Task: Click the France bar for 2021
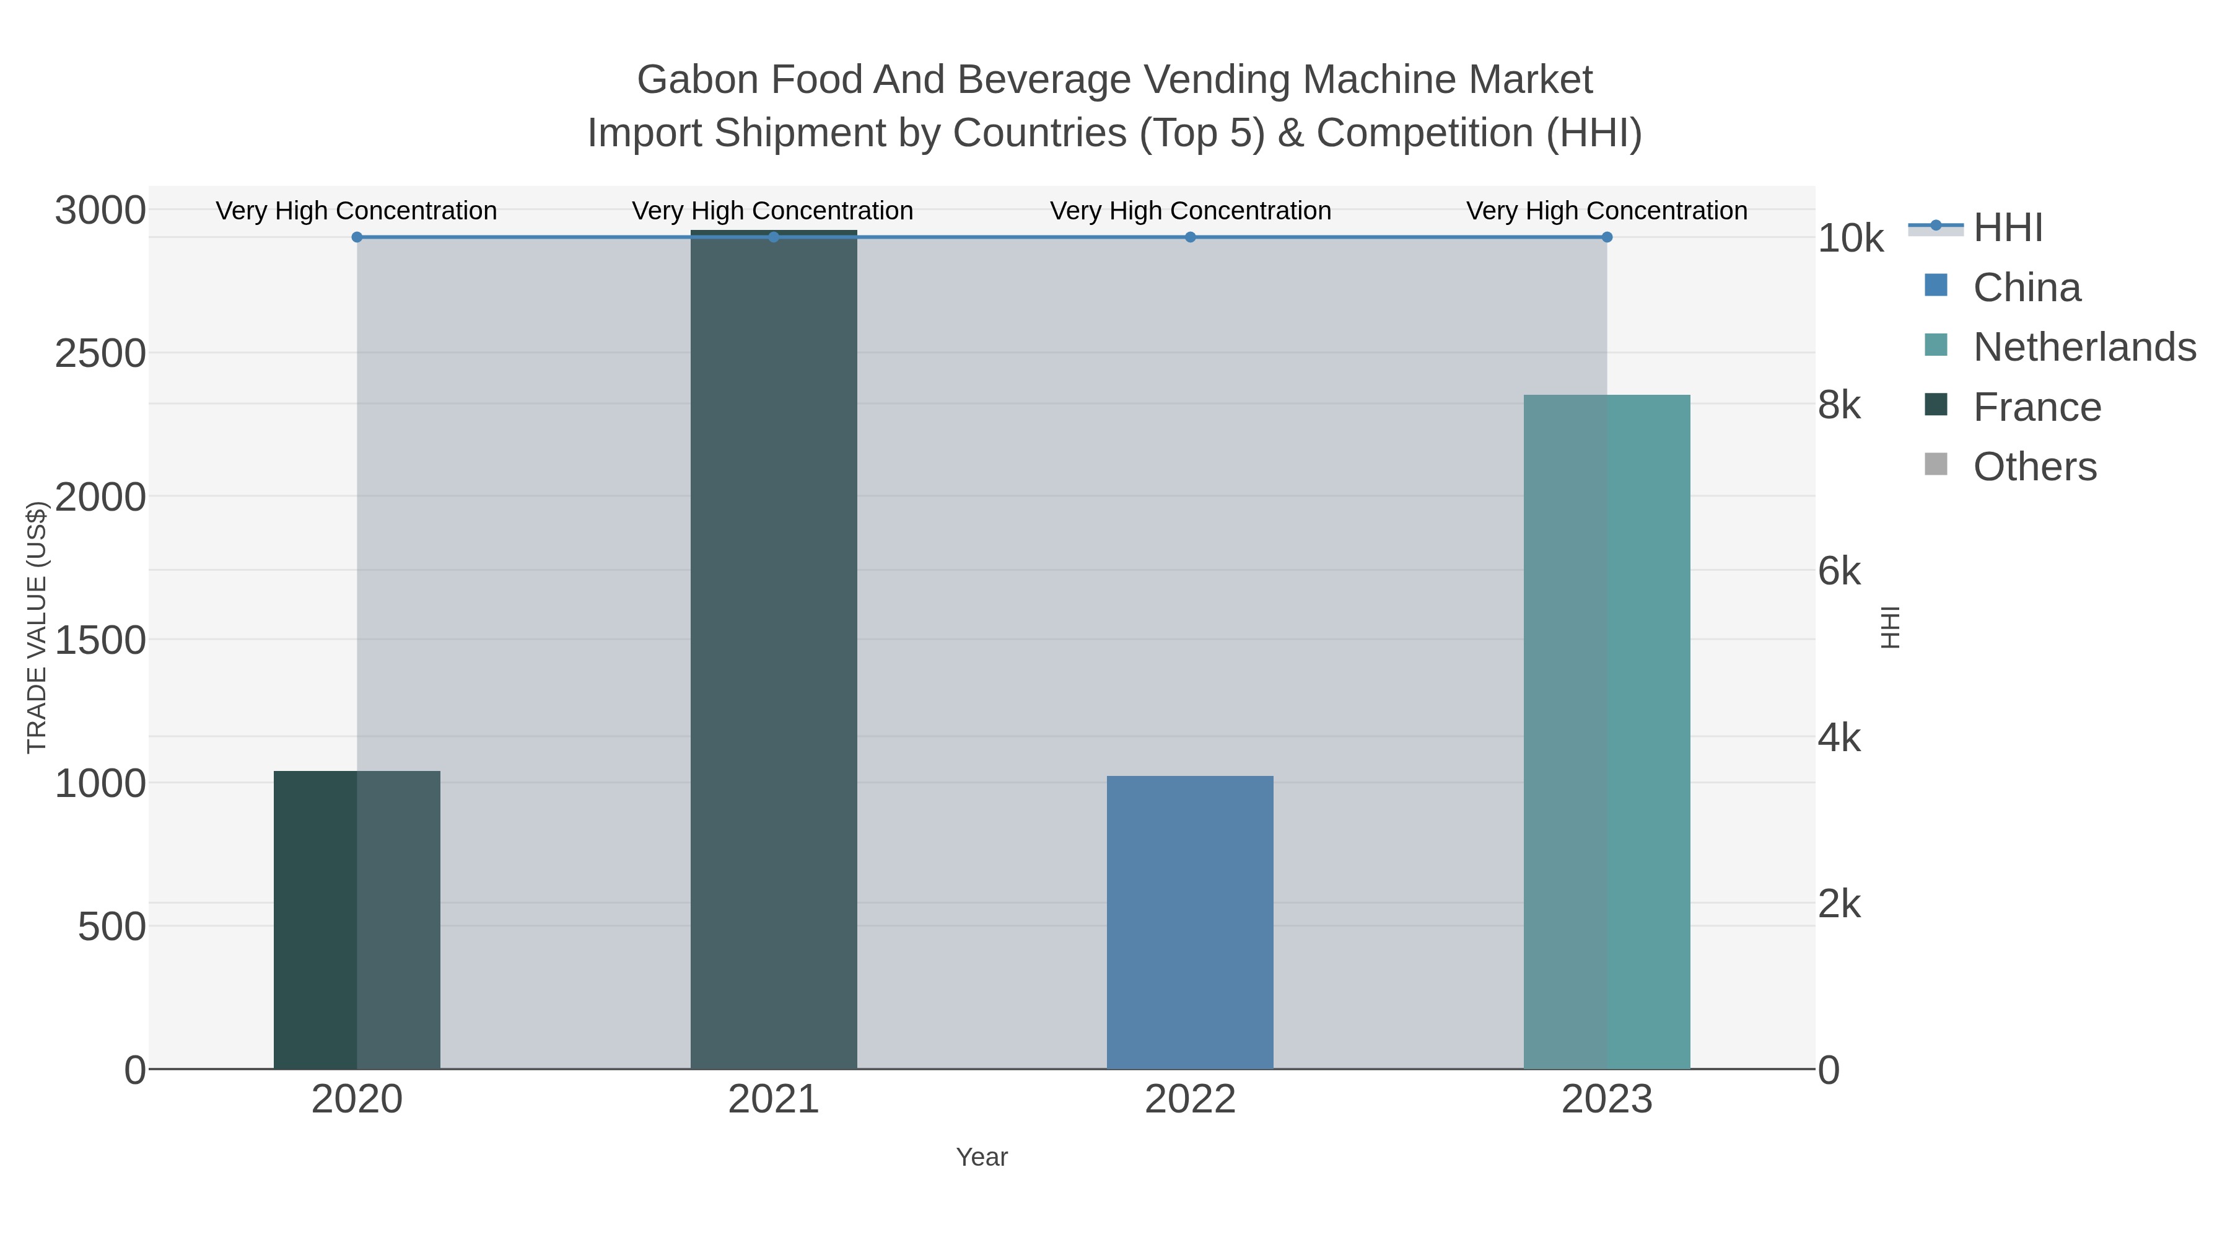pyautogui.click(x=773, y=650)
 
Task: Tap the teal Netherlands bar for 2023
pyautogui.click(x=1607, y=731)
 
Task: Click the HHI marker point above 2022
pyautogui.click(x=1191, y=237)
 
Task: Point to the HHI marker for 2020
pyautogui.click(x=357, y=237)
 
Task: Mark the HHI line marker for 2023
pyautogui.click(x=1607, y=237)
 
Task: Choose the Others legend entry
pyautogui.click(x=2034, y=467)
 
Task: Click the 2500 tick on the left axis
pyautogui.click(x=100, y=353)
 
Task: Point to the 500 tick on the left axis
pyautogui.click(x=111, y=927)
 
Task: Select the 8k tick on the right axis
pyautogui.click(x=1839, y=405)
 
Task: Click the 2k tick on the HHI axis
pyautogui.click(x=1839, y=904)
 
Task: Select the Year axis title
pyautogui.click(x=982, y=1157)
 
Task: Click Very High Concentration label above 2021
pyautogui.click(x=772, y=211)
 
